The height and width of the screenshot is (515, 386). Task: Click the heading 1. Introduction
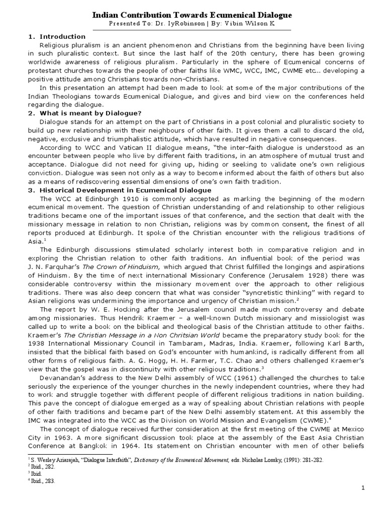57,37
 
